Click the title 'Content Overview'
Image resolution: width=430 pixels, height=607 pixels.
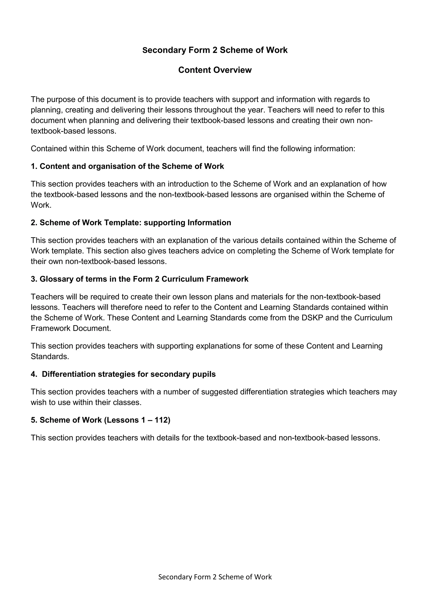pos(215,70)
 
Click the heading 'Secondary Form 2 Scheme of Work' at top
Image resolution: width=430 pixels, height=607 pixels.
pos(215,50)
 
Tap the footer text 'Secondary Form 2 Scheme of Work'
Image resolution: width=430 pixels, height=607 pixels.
pos(215,577)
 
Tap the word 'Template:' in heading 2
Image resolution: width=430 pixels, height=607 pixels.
pos(123,223)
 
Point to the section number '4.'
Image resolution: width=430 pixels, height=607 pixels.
pos(34,374)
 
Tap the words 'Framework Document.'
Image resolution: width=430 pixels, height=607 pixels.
pos(71,328)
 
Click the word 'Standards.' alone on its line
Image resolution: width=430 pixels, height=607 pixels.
pos(50,357)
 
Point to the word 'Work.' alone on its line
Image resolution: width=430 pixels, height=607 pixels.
pos(41,205)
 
